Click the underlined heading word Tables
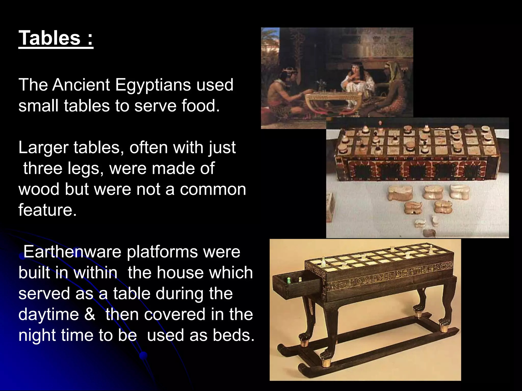50,38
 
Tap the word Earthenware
72,252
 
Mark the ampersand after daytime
89,315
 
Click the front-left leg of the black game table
331,328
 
